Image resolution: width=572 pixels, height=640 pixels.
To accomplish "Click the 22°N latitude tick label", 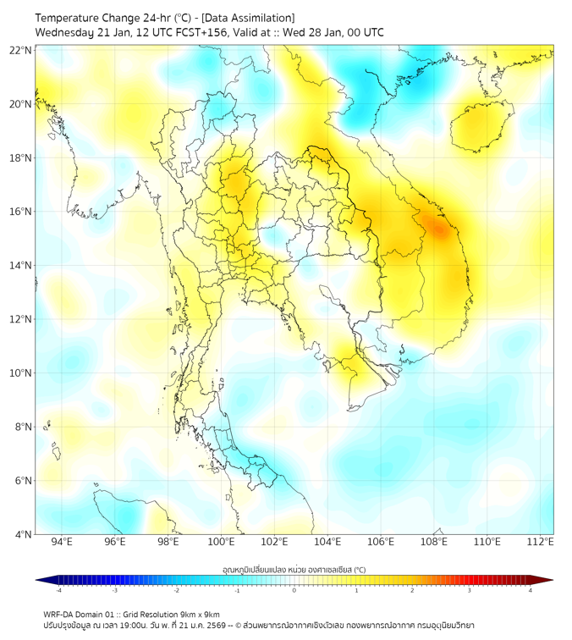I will tap(21, 51).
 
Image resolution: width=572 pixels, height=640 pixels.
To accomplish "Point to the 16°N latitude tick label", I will tap(21, 212).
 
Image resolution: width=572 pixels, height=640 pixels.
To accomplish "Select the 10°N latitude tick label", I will tap(21, 372).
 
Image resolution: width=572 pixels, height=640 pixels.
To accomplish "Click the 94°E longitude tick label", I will tap(62, 543).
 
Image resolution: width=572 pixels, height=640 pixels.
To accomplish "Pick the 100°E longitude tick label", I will tap(221, 543).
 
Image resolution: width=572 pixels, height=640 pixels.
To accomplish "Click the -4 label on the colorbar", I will tap(58, 591).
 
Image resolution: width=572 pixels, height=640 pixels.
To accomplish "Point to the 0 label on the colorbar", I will tap(294, 591).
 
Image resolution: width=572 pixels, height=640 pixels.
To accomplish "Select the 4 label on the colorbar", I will tap(530, 591).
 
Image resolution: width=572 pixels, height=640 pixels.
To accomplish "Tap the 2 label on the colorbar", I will tap(412, 591).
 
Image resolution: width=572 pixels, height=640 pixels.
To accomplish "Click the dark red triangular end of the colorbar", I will tap(546, 580).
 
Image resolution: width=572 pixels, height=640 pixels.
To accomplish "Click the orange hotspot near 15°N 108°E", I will tap(439, 228).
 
